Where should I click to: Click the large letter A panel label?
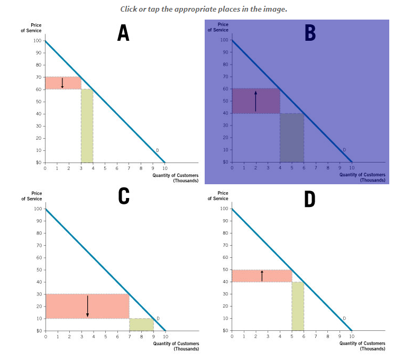123,33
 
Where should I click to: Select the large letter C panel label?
123,196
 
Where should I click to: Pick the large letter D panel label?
310,199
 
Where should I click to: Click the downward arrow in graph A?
62,83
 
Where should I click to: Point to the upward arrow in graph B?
255,101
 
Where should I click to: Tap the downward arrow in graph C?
87,306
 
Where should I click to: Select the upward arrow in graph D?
262,276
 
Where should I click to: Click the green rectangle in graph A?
87,125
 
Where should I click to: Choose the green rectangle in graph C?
141,325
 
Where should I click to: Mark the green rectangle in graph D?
298,306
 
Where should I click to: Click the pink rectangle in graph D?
262,276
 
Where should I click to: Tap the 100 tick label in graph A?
37,41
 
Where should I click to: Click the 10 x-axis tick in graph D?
351,336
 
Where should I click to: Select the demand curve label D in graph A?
157,151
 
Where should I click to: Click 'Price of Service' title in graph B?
223,27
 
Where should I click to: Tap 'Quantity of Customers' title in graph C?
176,344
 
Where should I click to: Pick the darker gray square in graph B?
292,137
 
